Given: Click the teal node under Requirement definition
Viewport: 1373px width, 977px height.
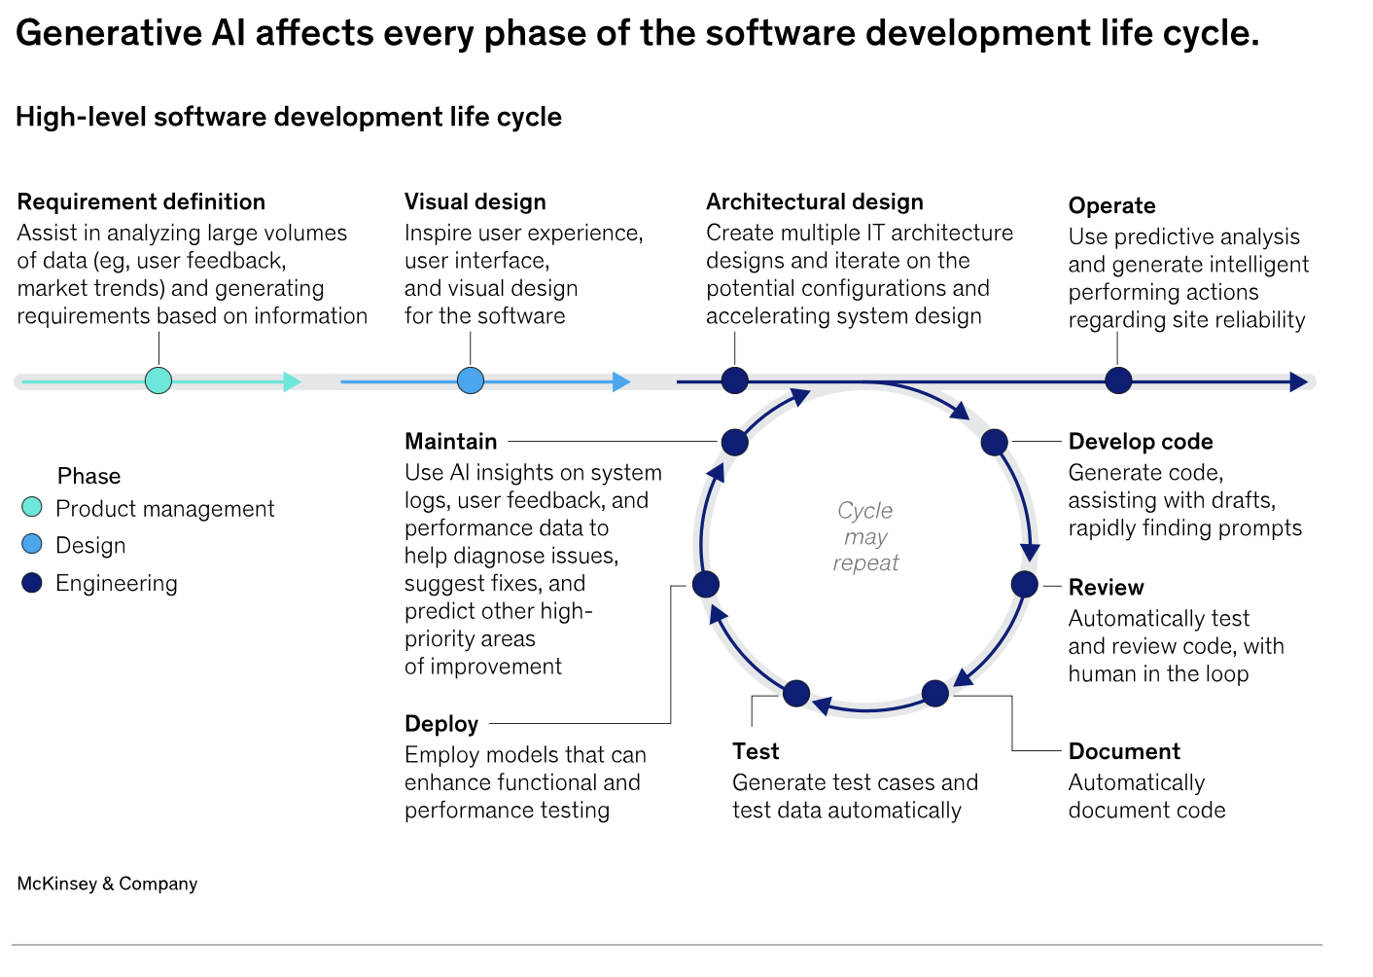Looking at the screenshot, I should coord(158,380).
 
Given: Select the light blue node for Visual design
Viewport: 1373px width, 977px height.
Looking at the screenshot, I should coord(471,380).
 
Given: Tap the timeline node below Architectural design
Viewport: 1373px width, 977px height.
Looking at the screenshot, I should coord(734,380).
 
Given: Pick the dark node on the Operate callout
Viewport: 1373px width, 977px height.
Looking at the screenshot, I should coord(1118,380).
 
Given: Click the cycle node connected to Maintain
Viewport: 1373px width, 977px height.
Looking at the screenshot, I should coord(734,443).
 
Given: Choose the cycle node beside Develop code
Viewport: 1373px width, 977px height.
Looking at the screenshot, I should coord(994,443).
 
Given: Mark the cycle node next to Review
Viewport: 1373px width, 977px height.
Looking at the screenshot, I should coord(1024,584).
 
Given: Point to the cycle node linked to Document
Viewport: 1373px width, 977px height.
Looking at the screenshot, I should coord(934,694).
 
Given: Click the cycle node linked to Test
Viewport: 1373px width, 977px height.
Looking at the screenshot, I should coord(796,694).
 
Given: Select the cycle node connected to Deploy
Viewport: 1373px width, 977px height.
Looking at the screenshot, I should coord(706,584).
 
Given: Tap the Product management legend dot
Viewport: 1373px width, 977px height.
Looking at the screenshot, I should coord(32,507).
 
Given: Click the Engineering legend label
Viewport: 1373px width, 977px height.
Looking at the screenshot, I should coord(117,584).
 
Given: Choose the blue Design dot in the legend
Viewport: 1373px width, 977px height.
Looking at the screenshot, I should coord(32,544).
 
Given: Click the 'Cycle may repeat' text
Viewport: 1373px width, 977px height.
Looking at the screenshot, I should coord(865,537).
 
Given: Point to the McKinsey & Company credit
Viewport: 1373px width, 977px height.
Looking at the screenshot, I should coord(107,884).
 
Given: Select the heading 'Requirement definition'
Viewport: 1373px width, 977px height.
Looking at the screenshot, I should coord(141,201).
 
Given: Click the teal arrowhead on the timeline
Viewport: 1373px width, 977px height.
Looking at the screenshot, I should coord(292,381).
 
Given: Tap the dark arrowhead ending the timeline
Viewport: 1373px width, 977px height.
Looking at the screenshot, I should coord(1298,381).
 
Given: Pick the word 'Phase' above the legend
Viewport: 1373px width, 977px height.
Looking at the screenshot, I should coord(89,476).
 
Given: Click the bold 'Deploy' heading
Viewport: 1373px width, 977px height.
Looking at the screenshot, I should coord(441,724).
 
